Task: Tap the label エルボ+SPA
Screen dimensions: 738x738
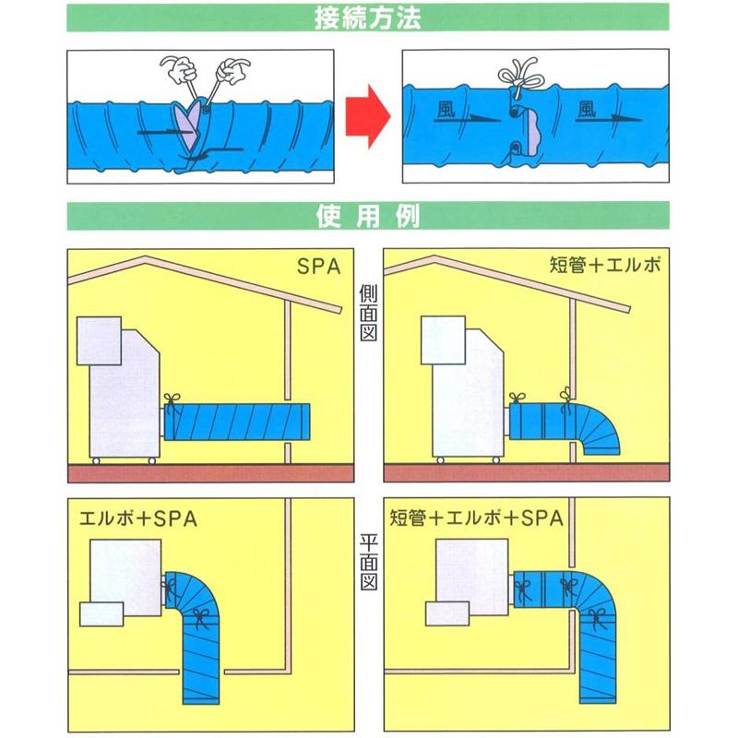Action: [137, 519]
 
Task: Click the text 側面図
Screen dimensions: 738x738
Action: [367, 312]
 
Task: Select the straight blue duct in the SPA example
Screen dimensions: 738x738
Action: [240, 422]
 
